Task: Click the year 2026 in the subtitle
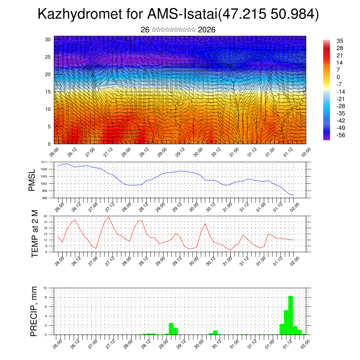[x=207, y=30]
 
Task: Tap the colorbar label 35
[x=339, y=40]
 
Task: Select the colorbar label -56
[x=341, y=135]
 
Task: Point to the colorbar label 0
[x=338, y=77]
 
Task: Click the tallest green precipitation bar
[x=290, y=315]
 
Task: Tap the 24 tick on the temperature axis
[x=46, y=216]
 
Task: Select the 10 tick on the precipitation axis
[x=45, y=288]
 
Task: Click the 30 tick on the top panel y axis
[x=47, y=39]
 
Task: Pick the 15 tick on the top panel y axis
[x=47, y=92]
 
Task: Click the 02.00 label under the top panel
[x=305, y=152]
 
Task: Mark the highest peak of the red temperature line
[x=108, y=217]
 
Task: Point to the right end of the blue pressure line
[x=293, y=195]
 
